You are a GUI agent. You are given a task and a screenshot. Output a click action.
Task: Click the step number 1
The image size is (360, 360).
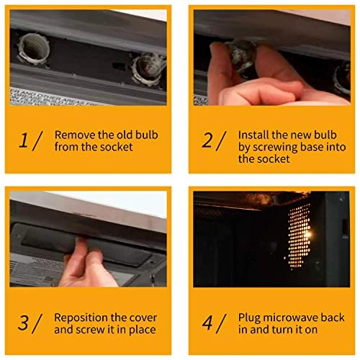point(24,140)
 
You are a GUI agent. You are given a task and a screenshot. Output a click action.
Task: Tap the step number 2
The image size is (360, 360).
point(207,140)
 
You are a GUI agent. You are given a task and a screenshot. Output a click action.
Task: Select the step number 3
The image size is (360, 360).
point(23,323)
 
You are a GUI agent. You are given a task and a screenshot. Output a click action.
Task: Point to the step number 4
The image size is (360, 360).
point(207,323)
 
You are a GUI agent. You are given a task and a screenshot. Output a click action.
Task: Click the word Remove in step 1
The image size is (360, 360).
point(75,135)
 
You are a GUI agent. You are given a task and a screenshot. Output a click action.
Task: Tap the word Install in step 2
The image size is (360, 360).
point(253,135)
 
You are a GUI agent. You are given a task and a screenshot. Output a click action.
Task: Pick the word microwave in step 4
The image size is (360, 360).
point(291,318)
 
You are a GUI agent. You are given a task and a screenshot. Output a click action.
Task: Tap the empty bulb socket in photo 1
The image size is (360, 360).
point(34,49)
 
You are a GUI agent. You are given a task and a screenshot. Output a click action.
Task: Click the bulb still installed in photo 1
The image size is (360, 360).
point(149,69)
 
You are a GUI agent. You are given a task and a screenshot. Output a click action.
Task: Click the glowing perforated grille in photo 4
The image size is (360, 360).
point(300,235)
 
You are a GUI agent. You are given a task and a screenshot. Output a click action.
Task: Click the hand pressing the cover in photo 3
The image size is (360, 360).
point(88,264)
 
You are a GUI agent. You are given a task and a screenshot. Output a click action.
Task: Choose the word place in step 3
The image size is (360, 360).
point(143,330)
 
